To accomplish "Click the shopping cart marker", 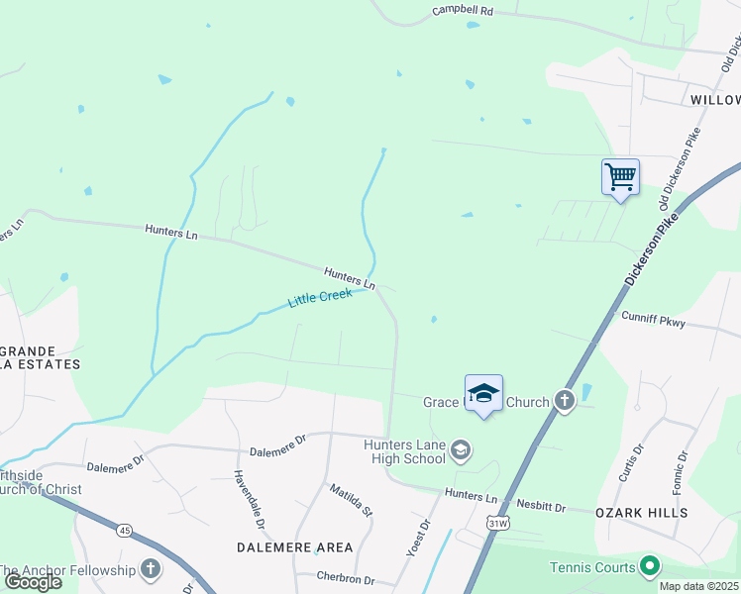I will tap(620, 178).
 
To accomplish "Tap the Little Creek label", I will tap(321, 297).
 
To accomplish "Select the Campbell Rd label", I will tap(463, 12).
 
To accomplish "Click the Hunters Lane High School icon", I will tap(460, 451).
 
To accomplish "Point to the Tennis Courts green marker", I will tap(650, 566).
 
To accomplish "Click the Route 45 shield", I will tap(124, 531).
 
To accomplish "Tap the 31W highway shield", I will tap(497, 523).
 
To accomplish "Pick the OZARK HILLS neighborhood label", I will tap(641, 513).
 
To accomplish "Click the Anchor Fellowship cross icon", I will tap(151, 568).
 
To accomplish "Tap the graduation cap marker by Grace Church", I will tap(483, 393).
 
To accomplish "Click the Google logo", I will tap(33, 581).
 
